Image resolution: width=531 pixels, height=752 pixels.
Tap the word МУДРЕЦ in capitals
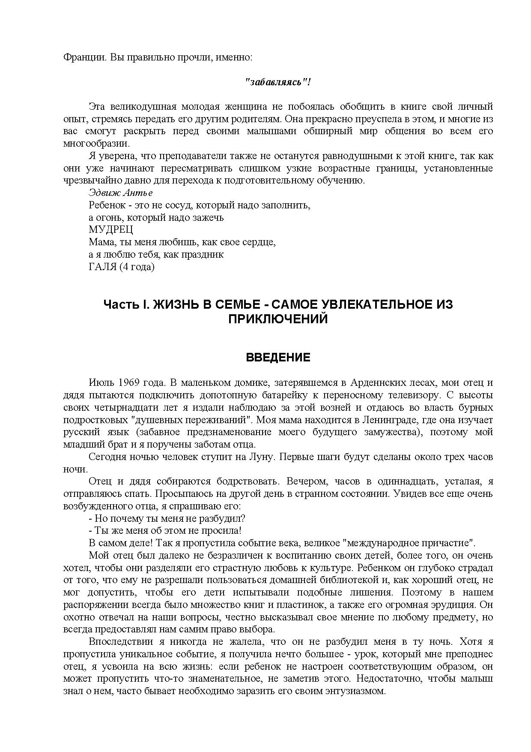pyautogui.click(x=111, y=230)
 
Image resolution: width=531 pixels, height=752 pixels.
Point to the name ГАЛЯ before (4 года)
pyautogui.click(x=103, y=267)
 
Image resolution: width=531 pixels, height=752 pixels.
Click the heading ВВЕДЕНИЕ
pyautogui.click(x=278, y=358)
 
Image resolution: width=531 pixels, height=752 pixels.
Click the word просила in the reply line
pyautogui.click(x=220, y=531)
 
